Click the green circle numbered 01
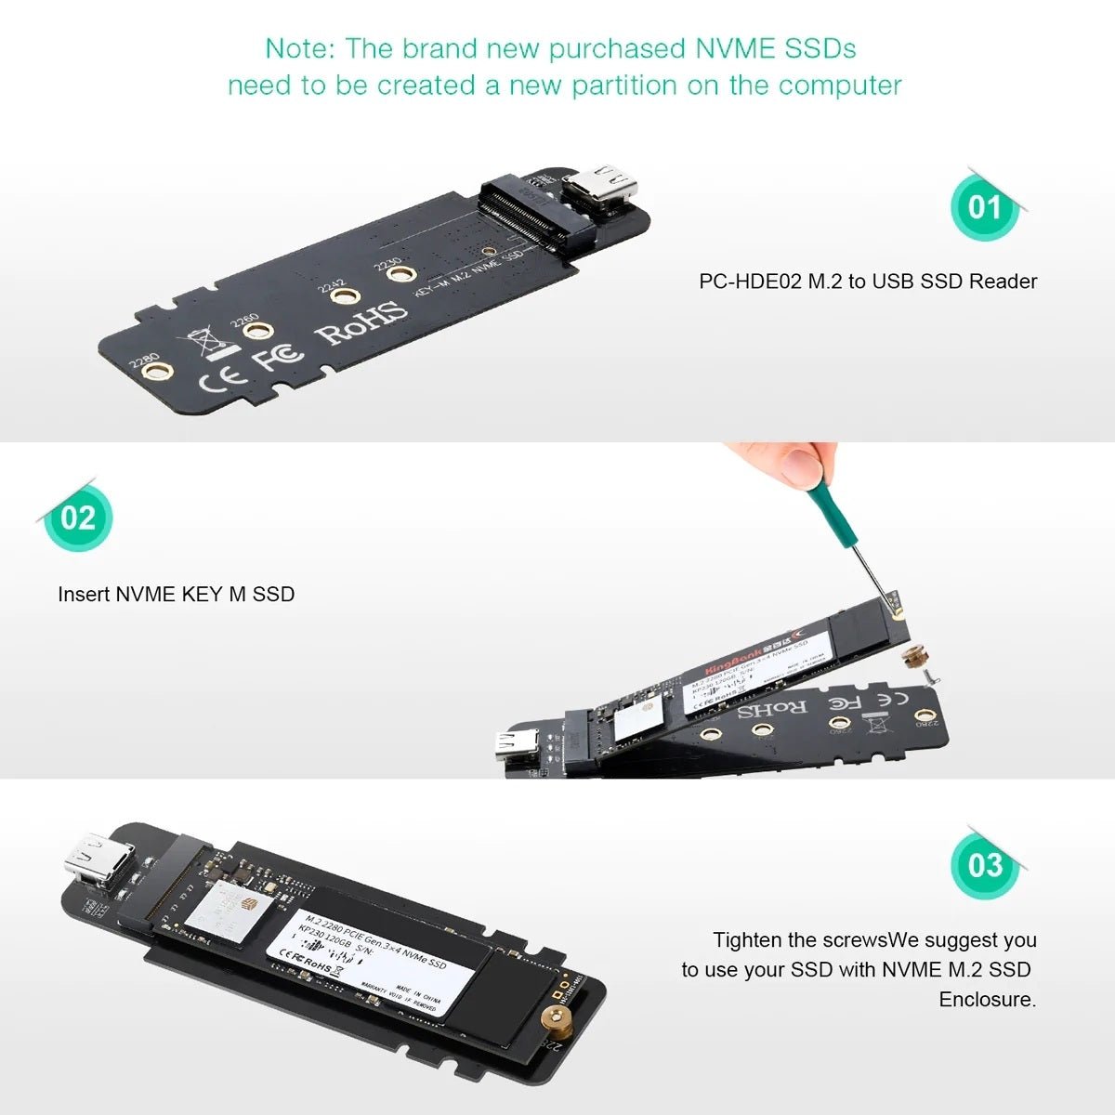tap(983, 206)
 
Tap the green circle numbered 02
tap(78, 517)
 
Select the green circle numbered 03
tap(985, 865)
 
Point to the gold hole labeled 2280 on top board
tap(161, 373)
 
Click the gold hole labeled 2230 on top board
tap(400, 274)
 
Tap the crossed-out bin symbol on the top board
tap(205, 343)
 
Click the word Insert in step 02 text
tap(84, 594)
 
